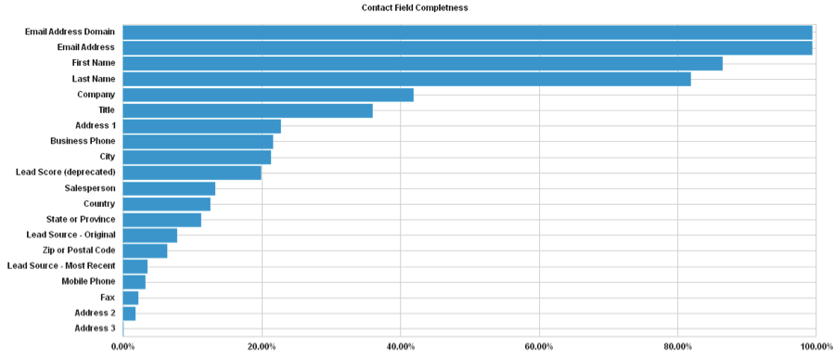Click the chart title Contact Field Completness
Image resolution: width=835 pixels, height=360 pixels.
(415, 7)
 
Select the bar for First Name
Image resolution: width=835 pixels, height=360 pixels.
(422, 63)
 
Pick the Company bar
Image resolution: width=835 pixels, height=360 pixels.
(268, 95)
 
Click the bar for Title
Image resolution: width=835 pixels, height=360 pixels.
(248, 110)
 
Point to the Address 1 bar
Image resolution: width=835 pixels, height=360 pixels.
(201, 126)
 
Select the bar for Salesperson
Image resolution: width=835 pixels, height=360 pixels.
(169, 188)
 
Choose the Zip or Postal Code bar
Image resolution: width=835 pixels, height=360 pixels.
(145, 251)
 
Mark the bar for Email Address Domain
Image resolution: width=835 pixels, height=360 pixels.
(467, 32)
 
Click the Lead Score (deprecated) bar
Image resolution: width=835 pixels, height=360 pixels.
(192, 173)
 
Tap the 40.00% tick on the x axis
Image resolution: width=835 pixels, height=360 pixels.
(400, 346)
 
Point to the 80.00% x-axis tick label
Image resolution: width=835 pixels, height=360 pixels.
(678, 346)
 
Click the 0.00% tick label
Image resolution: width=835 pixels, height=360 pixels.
(122, 346)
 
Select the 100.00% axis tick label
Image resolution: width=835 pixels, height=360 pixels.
(815, 346)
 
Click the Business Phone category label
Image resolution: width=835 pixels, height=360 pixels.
(83, 141)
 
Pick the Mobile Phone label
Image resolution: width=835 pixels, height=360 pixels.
(88, 281)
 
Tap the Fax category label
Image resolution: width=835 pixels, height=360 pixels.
(108, 297)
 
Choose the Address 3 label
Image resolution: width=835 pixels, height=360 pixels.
(95, 328)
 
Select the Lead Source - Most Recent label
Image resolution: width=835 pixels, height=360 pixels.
(61, 266)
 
